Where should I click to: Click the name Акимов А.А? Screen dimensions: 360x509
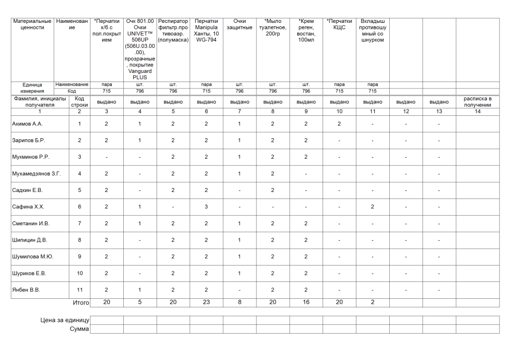click(x=27, y=124)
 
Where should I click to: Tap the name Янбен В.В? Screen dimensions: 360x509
click(x=26, y=290)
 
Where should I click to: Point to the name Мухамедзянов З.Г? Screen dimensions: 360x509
click(x=36, y=174)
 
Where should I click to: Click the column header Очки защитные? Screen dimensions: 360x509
click(x=240, y=24)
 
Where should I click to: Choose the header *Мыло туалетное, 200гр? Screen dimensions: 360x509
click(x=273, y=27)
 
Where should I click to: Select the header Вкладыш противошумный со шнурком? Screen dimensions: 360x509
click(x=373, y=30)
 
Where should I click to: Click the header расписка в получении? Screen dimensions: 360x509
click(x=477, y=102)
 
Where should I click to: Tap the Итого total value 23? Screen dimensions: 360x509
click(x=206, y=302)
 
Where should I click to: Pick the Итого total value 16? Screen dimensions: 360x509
click(x=306, y=302)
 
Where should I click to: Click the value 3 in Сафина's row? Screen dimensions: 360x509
click(x=206, y=207)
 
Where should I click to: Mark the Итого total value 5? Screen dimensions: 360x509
click(x=140, y=302)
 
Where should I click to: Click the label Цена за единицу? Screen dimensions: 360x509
click(x=65, y=320)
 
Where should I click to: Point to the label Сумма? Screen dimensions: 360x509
click(x=80, y=329)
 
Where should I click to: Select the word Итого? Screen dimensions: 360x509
click(x=81, y=302)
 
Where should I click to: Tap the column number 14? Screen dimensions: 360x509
click(x=477, y=112)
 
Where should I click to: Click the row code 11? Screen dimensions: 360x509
click(x=80, y=290)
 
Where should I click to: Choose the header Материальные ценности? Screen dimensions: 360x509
click(x=32, y=24)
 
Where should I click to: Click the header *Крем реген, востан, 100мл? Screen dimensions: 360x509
click(x=306, y=30)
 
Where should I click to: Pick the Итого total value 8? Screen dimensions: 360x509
click(x=240, y=302)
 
